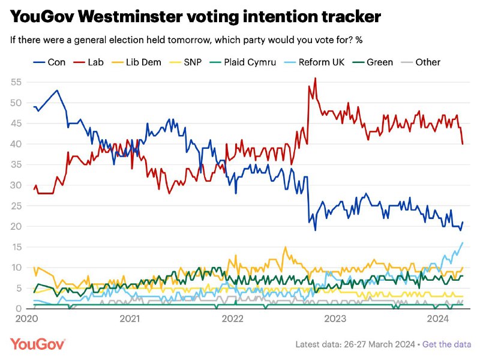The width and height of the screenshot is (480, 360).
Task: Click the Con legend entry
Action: tap(49, 62)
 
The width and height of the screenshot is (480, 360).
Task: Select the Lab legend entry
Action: tap(88, 62)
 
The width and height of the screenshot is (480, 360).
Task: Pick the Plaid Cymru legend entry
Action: tap(243, 62)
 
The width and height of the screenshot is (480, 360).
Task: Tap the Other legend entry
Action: tap(421, 62)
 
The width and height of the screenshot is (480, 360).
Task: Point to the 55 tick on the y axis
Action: tap(16, 82)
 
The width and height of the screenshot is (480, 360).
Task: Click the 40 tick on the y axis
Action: tap(16, 144)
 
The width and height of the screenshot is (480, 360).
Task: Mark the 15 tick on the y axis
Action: tap(17, 247)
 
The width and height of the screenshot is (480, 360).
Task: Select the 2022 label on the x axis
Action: tap(233, 319)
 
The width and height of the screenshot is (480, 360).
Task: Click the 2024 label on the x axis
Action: tap(438, 319)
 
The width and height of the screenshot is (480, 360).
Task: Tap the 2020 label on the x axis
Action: tap(27, 319)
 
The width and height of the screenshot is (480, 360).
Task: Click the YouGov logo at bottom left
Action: tap(38, 344)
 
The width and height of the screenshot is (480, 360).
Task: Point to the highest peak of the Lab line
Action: tap(316, 79)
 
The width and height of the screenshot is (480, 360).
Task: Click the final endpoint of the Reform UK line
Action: tap(463, 243)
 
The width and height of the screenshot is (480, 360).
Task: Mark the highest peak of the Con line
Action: tap(57, 91)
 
